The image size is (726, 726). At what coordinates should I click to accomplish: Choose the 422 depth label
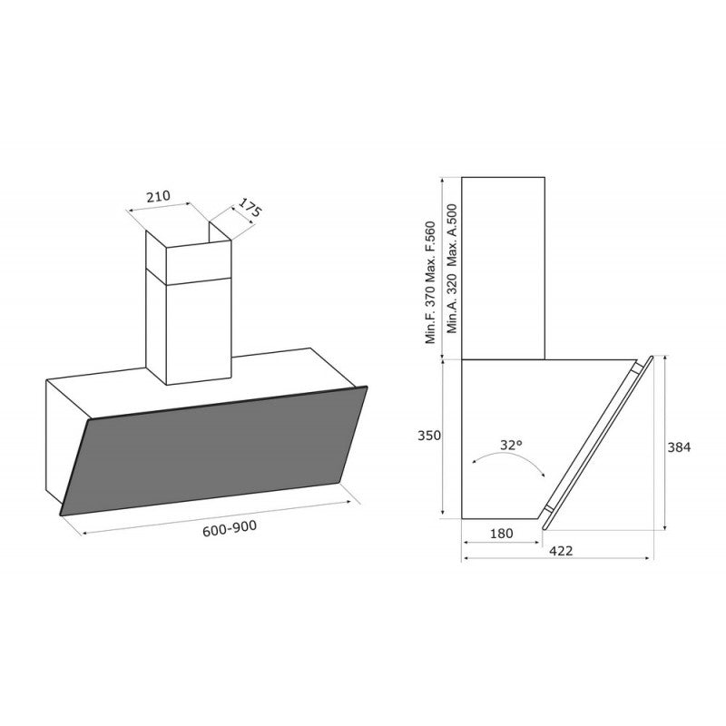pos(559,551)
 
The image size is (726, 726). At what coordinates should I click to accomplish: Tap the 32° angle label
pos(511,445)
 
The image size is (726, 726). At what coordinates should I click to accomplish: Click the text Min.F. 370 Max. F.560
pos(432,283)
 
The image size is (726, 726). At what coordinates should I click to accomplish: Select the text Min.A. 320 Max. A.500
pos(450,283)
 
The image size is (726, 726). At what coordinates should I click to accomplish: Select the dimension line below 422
pos(559,559)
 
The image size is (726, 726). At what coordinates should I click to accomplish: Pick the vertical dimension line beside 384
pos(667,445)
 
